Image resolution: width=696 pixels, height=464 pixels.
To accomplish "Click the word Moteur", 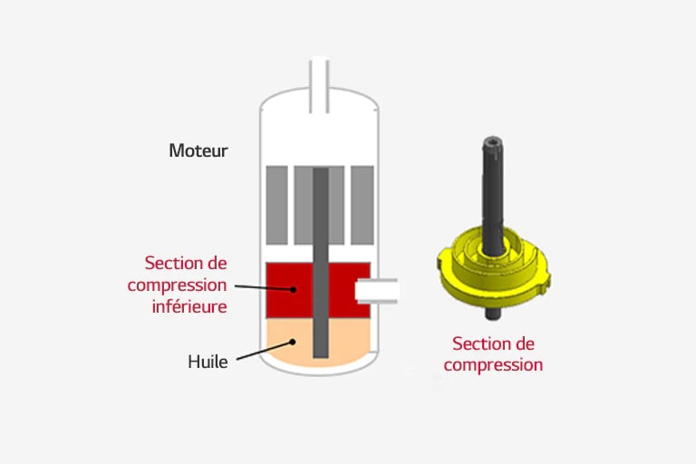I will click(x=198, y=150).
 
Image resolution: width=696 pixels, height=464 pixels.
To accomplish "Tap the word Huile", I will click(x=208, y=362).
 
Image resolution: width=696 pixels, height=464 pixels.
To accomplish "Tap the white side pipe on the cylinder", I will click(x=379, y=291).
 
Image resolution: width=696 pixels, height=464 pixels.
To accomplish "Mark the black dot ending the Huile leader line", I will click(x=294, y=342).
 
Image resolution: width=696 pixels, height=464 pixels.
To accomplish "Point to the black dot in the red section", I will click(x=295, y=290).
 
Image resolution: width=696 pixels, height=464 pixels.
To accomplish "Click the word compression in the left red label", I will click(x=177, y=285).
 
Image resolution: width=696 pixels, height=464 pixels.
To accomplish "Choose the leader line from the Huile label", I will click(x=263, y=352).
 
